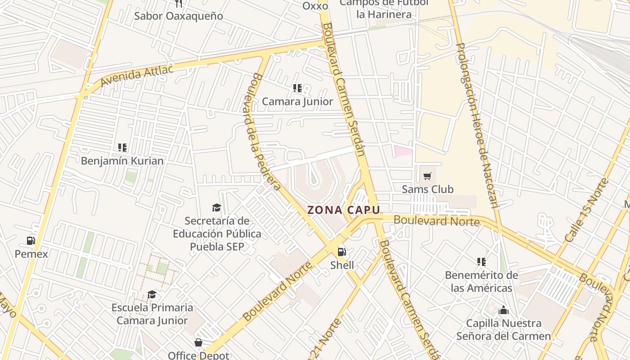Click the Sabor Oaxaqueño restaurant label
coord(179,16)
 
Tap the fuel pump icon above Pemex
coord(31,241)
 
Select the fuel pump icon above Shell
coord(342,252)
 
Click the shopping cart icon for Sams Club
coord(427,176)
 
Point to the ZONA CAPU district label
coord(344,210)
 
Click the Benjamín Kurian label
coord(122,161)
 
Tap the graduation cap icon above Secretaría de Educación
coord(216,207)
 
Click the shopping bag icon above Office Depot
coord(198,343)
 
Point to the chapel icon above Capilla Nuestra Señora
coord(503,310)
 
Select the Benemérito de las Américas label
coord(481,281)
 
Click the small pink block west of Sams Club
coord(403,151)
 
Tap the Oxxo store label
coord(315,6)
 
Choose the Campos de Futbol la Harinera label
coord(384,9)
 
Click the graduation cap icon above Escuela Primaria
coord(152,294)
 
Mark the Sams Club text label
coord(427,189)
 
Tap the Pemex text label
coord(31,254)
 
